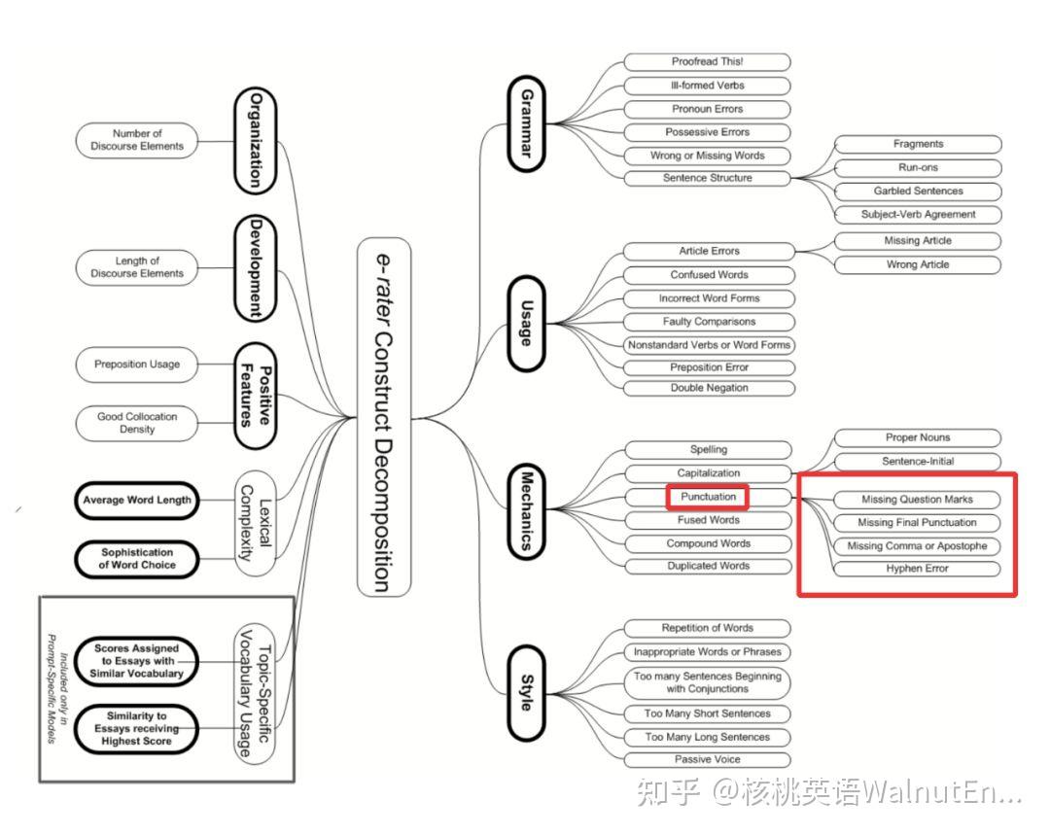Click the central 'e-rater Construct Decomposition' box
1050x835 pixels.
[384, 417]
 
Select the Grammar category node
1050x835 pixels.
[527, 123]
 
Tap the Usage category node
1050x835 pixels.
[527, 324]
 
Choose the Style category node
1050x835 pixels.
[527, 693]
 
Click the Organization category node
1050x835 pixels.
[255, 140]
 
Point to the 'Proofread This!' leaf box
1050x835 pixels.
[707, 62]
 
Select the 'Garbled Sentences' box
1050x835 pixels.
[918, 191]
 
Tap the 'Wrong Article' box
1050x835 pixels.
[918, 264]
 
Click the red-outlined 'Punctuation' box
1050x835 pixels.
[708, 497]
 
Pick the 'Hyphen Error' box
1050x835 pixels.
[918, 569]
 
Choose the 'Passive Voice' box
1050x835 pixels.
[707, 760]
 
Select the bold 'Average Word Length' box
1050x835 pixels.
[137, 501]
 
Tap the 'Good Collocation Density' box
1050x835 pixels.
[137, 423]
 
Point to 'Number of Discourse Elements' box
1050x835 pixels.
[136, 140]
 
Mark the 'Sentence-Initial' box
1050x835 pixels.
[918, 462]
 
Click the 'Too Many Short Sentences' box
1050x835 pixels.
[707, 713]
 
